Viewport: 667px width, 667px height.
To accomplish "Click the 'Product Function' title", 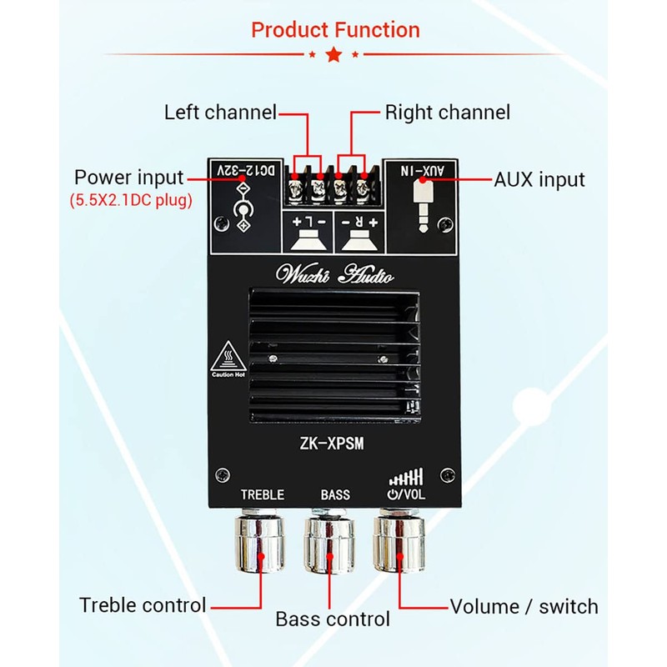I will click(335, 31).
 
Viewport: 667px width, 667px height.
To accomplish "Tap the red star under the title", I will click(333, 55).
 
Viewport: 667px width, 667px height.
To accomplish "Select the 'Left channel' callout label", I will click(220, 112).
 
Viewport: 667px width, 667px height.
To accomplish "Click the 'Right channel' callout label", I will click(447, 112).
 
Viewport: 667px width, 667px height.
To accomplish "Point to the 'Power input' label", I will click(128, 178).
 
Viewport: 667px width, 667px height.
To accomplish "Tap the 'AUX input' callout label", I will click(539, 179).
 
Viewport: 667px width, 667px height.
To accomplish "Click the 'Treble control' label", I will click(143, 604).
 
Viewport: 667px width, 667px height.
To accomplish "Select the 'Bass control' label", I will click(333, 619).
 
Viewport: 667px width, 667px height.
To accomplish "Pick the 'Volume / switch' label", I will click(524, 606).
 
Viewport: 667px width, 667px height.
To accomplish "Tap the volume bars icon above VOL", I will click(406, 477).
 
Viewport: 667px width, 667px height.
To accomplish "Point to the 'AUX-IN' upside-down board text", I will click(429, 170).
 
